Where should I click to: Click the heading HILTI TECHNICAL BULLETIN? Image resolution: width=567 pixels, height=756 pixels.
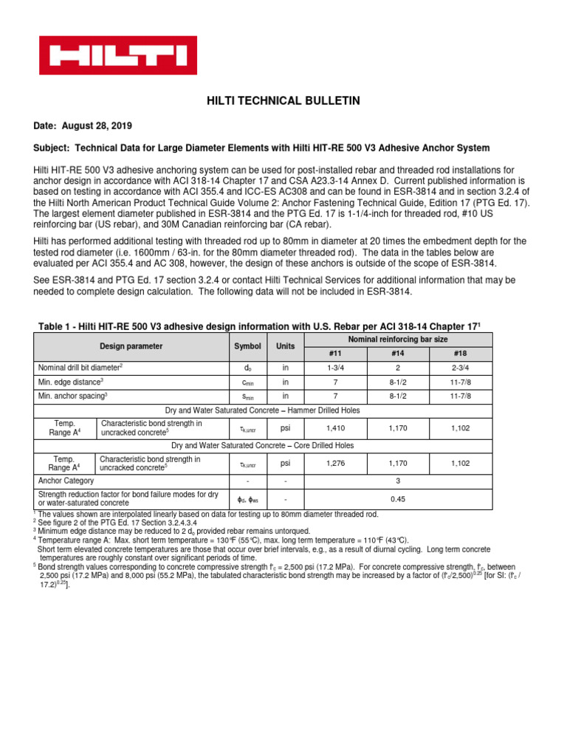click(x=283, y=100)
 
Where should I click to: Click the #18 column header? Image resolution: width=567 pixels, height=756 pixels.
click(x=461, y=352)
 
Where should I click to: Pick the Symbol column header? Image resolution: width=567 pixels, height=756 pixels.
click(x=248, y=346)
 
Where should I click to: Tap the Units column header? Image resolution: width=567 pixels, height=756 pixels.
click(x=285, y=346)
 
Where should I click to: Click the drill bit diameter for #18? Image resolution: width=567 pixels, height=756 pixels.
click(x=461, y=367)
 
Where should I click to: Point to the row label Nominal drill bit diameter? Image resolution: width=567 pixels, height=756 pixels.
click(x=81, y=367)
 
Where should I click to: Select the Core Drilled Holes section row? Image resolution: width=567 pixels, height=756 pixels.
click(x=263, y=446)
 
